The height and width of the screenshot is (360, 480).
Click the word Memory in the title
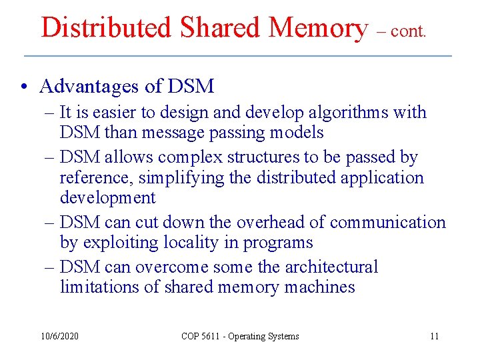click(317, 29)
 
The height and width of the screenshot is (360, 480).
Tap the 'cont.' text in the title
click(408, 31)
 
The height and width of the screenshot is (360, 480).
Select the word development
click(107, 198)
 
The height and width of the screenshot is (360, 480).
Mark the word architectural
click(331, 267)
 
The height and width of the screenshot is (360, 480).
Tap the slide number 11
click(434, 336)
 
